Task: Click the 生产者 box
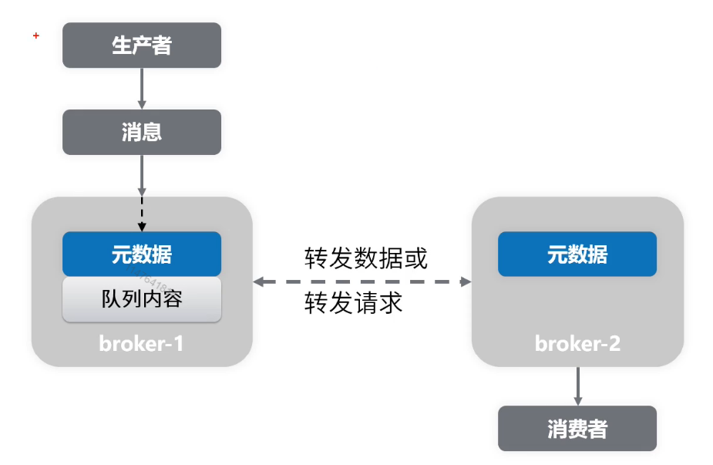(x=142, y=45)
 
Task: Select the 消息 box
(x=142, y=132)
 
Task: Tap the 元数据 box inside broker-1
(x=142, y=254)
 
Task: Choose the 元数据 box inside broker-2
(x=577, y=254)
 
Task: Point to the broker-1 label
(x=142, y=343)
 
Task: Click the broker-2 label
(x=577, y=343)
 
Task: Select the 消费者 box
(x=577, y=429)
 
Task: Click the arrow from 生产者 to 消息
(x=142, y=88)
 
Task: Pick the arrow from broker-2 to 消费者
(x=577, y=386)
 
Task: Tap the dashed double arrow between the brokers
(x=362, y=282)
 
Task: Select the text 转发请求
(x=354, y=303)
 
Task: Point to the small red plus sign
(x=35, y=35)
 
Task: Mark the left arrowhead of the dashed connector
(x=259, y=282)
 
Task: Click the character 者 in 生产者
(x=162, y=45)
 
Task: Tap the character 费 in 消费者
(x=577, y=429)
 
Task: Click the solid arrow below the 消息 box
(x=142, y=174)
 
